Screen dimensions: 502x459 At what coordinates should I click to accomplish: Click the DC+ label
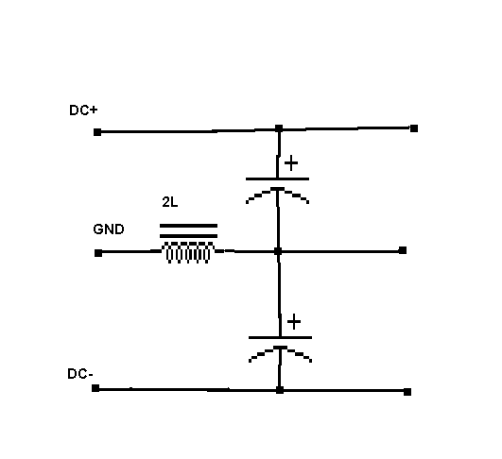[x=83, y=110]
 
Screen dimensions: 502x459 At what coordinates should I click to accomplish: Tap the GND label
[x=109, y=229]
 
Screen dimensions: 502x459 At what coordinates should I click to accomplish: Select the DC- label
[x=80, y=374]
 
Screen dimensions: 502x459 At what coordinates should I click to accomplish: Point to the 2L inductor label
[x=169, y=202]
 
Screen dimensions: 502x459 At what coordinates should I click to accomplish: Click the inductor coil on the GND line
[x=188, y=253]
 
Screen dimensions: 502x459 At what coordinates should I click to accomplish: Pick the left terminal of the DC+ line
[x=97, y=132]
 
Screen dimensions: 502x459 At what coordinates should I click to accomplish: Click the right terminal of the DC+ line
[x=414, y=128]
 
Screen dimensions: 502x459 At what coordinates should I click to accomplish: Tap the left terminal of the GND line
[x=98, y=253]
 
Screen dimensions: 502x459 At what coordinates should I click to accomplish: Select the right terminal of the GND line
[x=403, y=250]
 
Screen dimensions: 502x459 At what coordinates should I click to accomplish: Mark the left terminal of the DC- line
[x=95, y=388]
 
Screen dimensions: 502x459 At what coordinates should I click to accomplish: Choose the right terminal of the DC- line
[x=407, y=392]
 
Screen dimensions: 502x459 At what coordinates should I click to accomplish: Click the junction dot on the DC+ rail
[x=279, y=128]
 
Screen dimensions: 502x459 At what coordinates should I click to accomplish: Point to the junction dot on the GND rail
[x=278, y=251]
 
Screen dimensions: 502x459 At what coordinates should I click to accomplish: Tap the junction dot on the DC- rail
[x=280, y=390]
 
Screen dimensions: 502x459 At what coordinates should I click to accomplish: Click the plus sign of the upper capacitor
[x=291, y=163]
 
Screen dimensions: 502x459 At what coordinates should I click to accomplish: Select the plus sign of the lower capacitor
[x=294, y=322]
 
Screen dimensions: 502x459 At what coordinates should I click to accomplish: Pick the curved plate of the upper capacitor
[x=277, y=189]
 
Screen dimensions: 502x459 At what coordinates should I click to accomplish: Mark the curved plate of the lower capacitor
[x=281, y=348]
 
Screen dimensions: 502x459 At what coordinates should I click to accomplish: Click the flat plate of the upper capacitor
[x=277, y=178]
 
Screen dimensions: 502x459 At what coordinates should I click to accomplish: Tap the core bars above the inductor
[x=188, y=231]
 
